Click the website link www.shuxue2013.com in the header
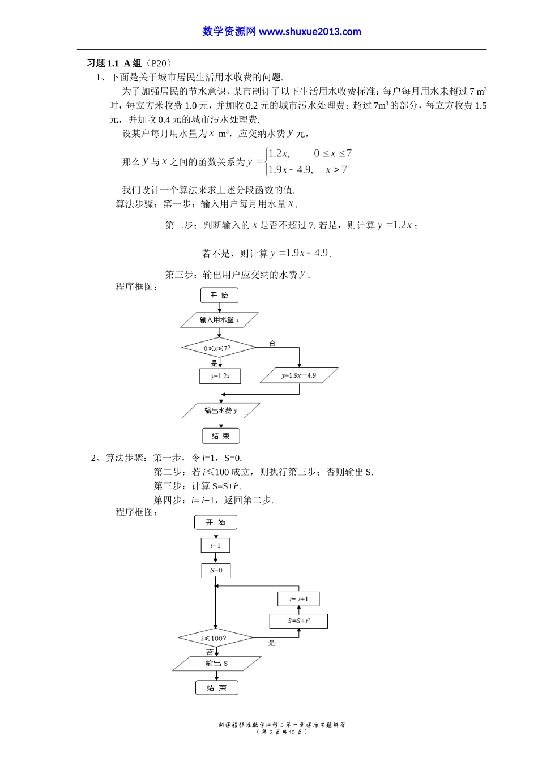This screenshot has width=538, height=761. coord(310,32)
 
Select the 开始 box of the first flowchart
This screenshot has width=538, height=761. coord(219,295)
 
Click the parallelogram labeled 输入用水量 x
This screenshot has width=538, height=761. coord(219,320)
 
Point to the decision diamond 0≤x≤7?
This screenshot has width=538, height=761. coord(218,348)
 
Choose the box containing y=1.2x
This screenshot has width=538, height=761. coord(220,376)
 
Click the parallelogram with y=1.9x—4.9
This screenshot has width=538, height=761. coord(299,375)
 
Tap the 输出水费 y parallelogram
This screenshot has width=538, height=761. coord(221,411)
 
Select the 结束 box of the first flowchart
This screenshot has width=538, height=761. coord(221,436)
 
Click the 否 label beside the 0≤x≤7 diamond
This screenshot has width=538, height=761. coord(272,343)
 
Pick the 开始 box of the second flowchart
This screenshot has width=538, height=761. coord(215,523)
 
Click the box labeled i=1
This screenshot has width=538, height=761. coord(215,546)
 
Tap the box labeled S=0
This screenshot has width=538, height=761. coord(216,570)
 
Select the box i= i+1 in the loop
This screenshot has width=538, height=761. coord(298,599)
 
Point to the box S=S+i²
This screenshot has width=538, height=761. coord(298,621)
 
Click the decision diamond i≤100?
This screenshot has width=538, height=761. coord(215,638)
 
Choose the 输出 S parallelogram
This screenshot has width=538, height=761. coord(216,664)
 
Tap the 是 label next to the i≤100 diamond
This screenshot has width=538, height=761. coord(272,643)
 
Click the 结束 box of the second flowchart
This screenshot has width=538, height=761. coord(216,688)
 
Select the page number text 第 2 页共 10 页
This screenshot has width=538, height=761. coord(282,732)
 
